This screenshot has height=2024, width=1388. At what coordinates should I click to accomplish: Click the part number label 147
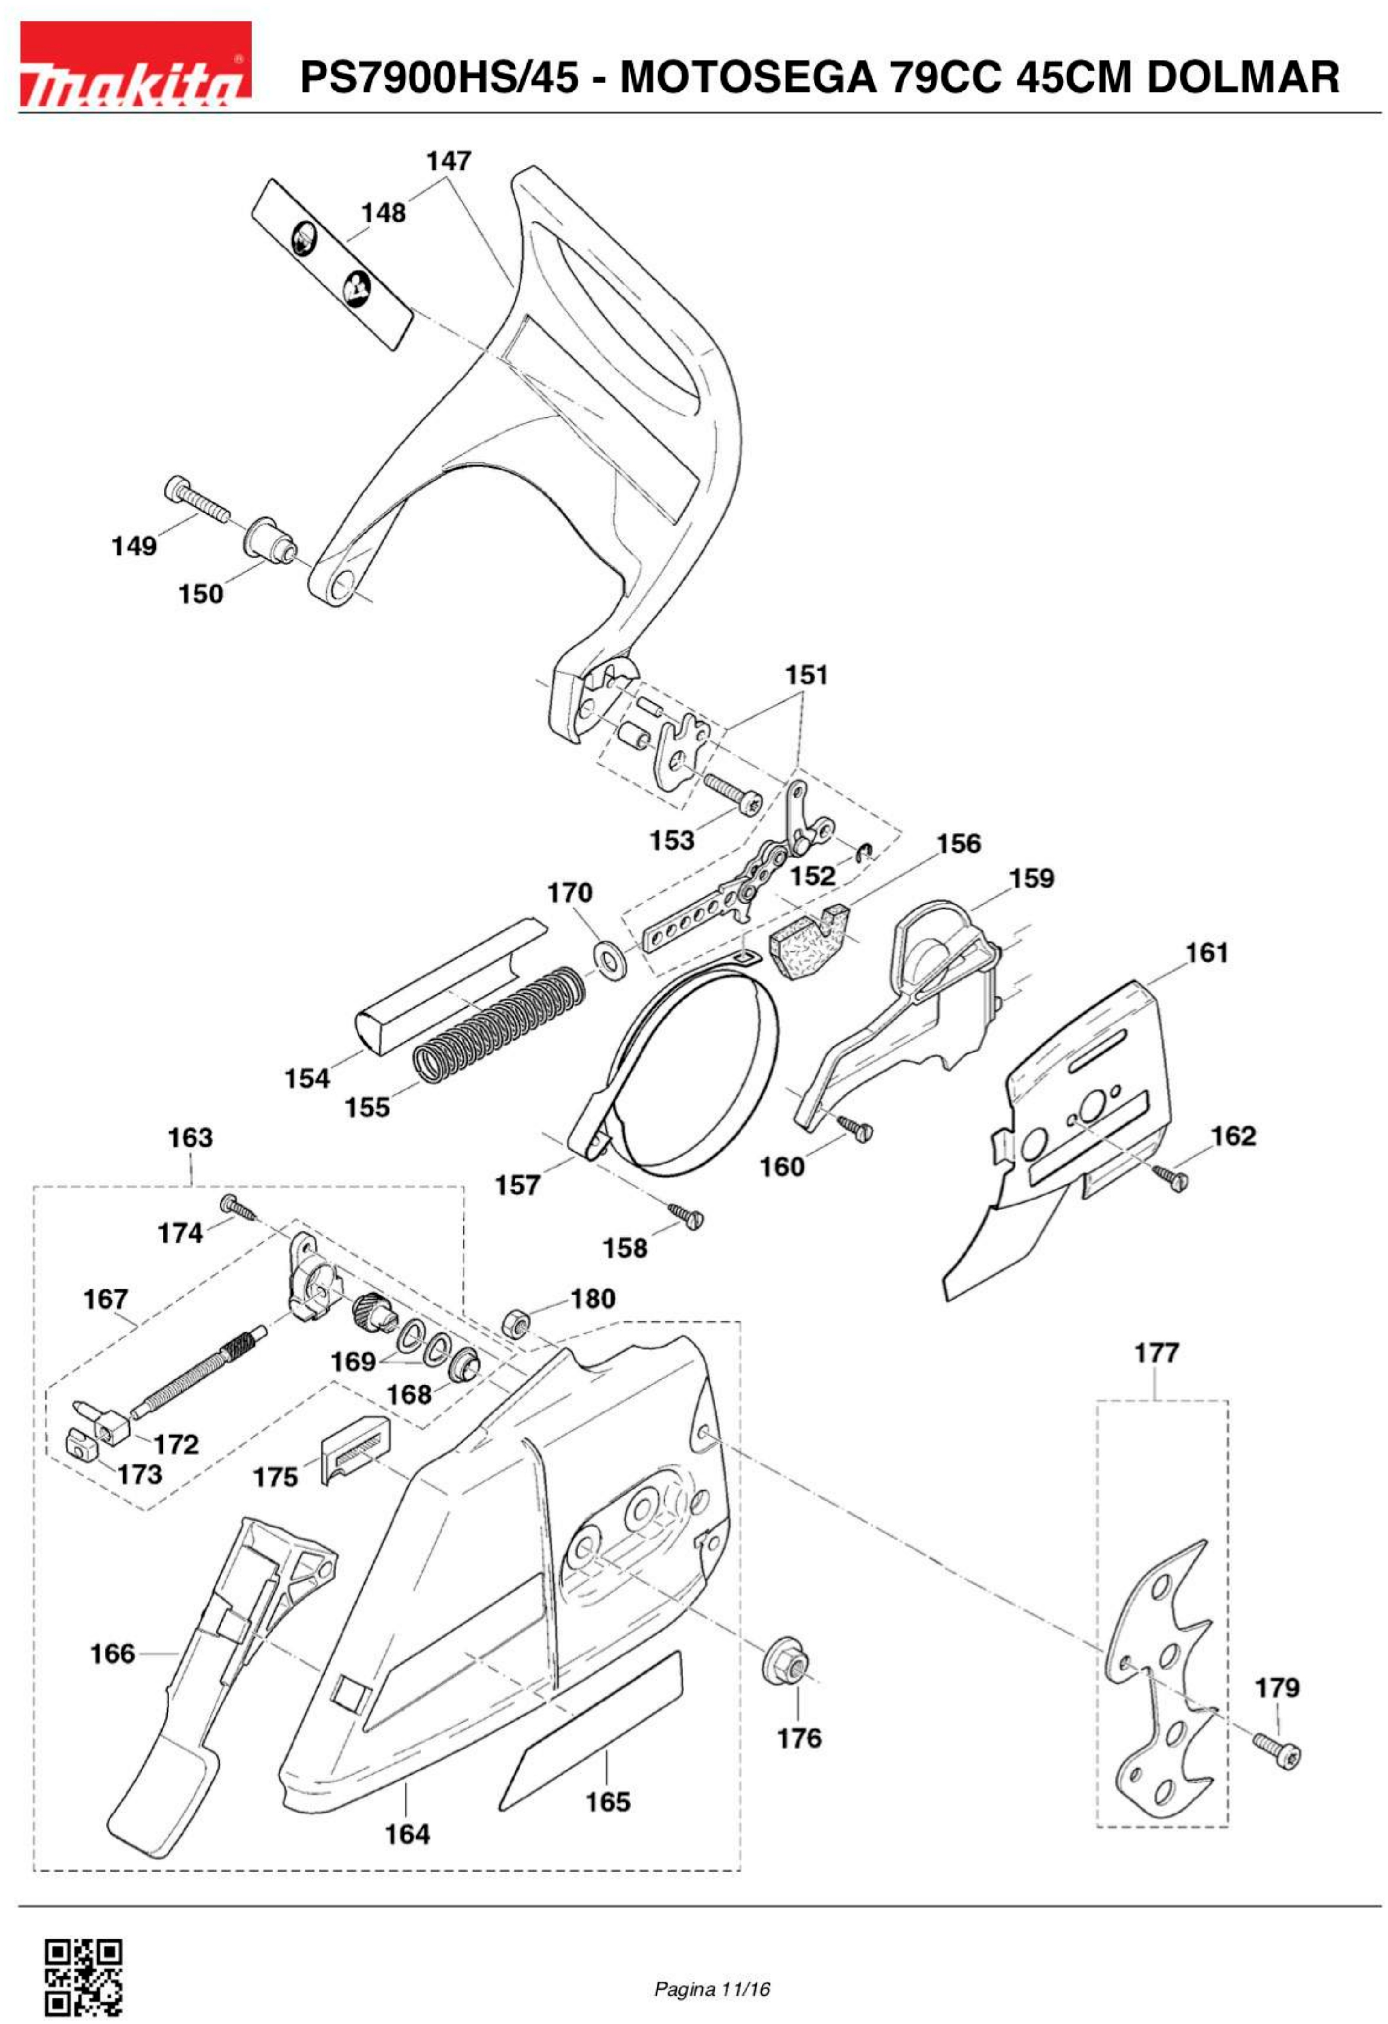pyautogui.click(x=448, y=161)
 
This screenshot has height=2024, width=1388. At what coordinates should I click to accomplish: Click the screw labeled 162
pyautogui.click(x=1172, y=1178)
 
